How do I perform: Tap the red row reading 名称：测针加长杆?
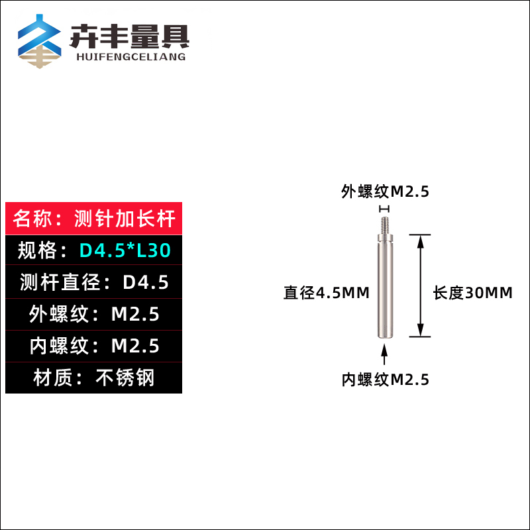93,218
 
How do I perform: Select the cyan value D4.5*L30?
125,250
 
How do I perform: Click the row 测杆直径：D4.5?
93,282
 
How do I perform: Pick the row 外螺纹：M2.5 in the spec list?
93,314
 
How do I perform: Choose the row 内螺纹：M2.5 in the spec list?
93,346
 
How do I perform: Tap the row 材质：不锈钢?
93,378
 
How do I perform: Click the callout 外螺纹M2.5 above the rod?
385,191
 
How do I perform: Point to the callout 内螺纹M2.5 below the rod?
385,380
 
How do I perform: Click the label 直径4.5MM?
326,293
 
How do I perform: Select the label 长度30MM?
472,293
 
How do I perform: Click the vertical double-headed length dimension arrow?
419,285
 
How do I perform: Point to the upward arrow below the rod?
385,354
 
